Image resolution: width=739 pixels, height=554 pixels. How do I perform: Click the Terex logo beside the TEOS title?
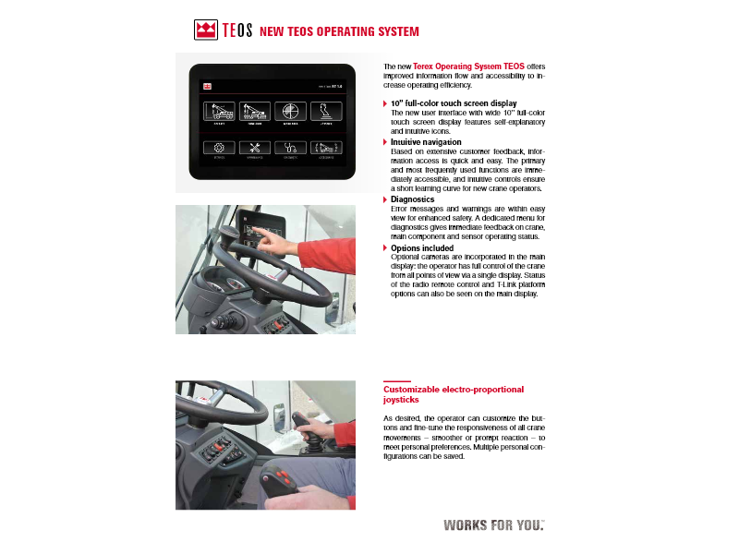(x=206, y=30)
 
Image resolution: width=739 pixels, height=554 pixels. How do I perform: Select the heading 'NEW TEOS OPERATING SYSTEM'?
(x=339, y=31)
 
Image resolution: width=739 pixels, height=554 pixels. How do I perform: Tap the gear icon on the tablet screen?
(x=219, y=147)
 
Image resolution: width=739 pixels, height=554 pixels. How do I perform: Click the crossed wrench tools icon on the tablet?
(x=255, y=147)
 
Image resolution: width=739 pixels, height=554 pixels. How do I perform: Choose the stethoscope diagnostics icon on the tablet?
(x=290, y=147)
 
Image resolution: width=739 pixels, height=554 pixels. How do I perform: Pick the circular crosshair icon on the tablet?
(x=290, y=112)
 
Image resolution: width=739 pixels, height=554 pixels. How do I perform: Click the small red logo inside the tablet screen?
(x=209, y=85)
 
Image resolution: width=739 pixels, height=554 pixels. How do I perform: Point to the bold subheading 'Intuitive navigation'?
(x=426, y=142)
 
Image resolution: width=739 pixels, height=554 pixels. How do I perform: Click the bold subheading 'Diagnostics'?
(x=412, y=199)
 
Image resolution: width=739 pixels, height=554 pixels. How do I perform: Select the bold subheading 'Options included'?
(x=422, y=248)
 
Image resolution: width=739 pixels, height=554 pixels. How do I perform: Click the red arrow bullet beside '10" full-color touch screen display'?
(x=385, y=103)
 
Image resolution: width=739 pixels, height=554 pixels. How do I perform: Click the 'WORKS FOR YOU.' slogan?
(x=493, y=525)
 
